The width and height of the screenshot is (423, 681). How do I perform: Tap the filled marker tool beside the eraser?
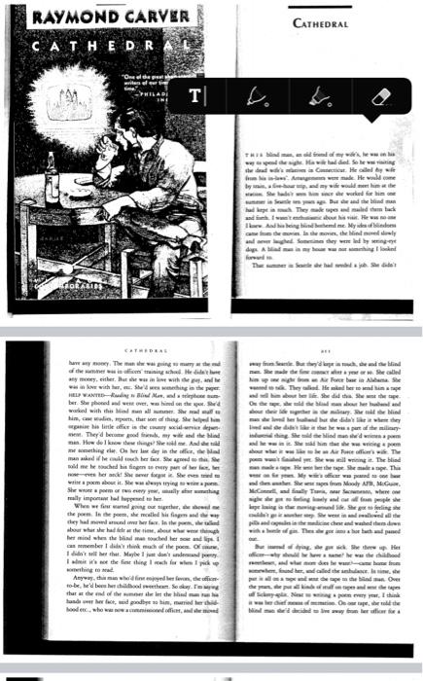coord(320,95)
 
